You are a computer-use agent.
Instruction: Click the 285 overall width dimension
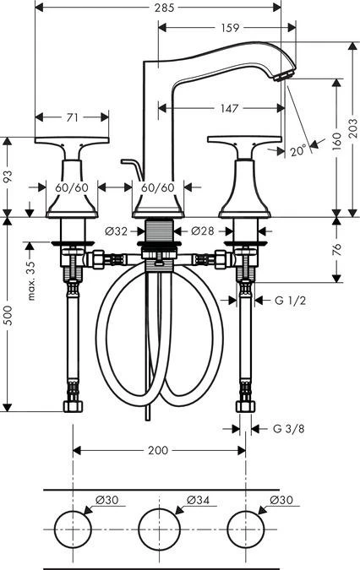pyautogui.click(x=164, y=8)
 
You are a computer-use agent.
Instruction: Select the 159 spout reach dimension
pyautogui.click(x=230, y=28)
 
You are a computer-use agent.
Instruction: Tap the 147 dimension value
pyautogui.click(x=230, y=108)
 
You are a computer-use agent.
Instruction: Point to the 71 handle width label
pyautogui.click(x=73, y=117)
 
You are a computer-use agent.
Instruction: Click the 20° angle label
pyautogui.click(x=298, y=150)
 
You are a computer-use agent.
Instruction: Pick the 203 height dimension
pyautogui.click(x=353, y=128)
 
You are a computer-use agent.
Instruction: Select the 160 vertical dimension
pyautogui.click(x=337, y=141)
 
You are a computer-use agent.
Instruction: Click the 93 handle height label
pyautogui.click(x=8, y=176)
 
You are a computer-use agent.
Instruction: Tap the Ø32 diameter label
pyautogui.click(x=116, y=231)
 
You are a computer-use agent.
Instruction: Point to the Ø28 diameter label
pyautogui.click(x=203, y=231)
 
